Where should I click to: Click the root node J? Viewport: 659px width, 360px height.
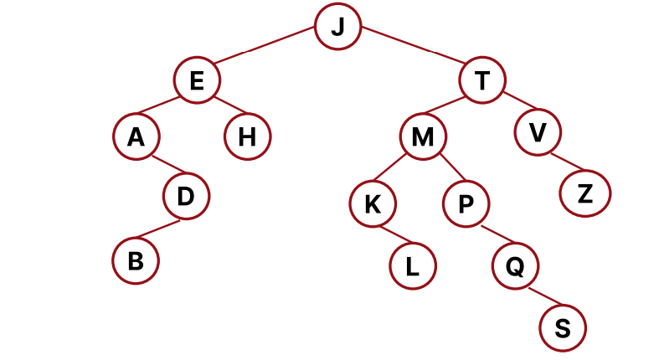point(337,27)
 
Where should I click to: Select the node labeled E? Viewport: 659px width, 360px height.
point(197,81)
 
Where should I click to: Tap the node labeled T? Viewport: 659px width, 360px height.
point(481,81)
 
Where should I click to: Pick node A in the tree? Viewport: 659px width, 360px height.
point(136,136)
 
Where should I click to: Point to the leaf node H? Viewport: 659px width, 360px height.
point(247,136)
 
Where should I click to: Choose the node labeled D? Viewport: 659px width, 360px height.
point(186,198)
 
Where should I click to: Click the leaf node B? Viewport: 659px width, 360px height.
point(136,260)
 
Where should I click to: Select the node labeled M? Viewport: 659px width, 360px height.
point(423,136)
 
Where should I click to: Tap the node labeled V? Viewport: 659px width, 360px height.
point(538,133)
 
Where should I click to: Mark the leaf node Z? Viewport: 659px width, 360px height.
point(585,193)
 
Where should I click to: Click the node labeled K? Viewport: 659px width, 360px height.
point(373,205)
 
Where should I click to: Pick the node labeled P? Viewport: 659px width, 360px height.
point(466,205)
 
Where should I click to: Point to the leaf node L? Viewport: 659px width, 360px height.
point(412,266)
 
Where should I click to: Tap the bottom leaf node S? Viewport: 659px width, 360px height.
point(563,328)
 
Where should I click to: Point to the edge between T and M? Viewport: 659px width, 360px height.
point(451,109)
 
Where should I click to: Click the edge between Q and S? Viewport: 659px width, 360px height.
point(539,297)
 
